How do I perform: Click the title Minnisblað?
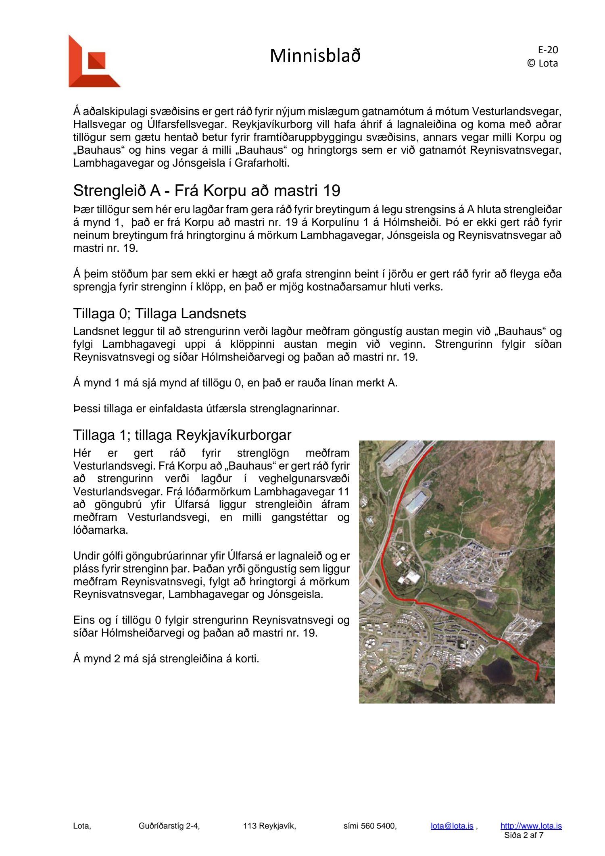point(315,56)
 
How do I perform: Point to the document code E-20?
point(548,50)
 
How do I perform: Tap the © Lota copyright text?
point(542,63)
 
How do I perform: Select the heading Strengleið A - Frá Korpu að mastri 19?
point(207,191)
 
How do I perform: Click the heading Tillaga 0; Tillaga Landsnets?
point(159,313)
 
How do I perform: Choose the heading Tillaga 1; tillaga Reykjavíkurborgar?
point(182,435)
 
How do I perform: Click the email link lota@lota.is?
point(452,826)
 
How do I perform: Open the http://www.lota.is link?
point(531,826)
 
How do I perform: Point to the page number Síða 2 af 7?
point(524,835)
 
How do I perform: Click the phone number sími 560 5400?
point(370,826)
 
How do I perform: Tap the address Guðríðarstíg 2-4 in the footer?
point(169,826)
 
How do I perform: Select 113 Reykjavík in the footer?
point(269,826)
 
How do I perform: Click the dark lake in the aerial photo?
point(498,669)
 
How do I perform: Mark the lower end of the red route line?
point(536,680)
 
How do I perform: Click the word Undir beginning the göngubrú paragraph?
point(86,556)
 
